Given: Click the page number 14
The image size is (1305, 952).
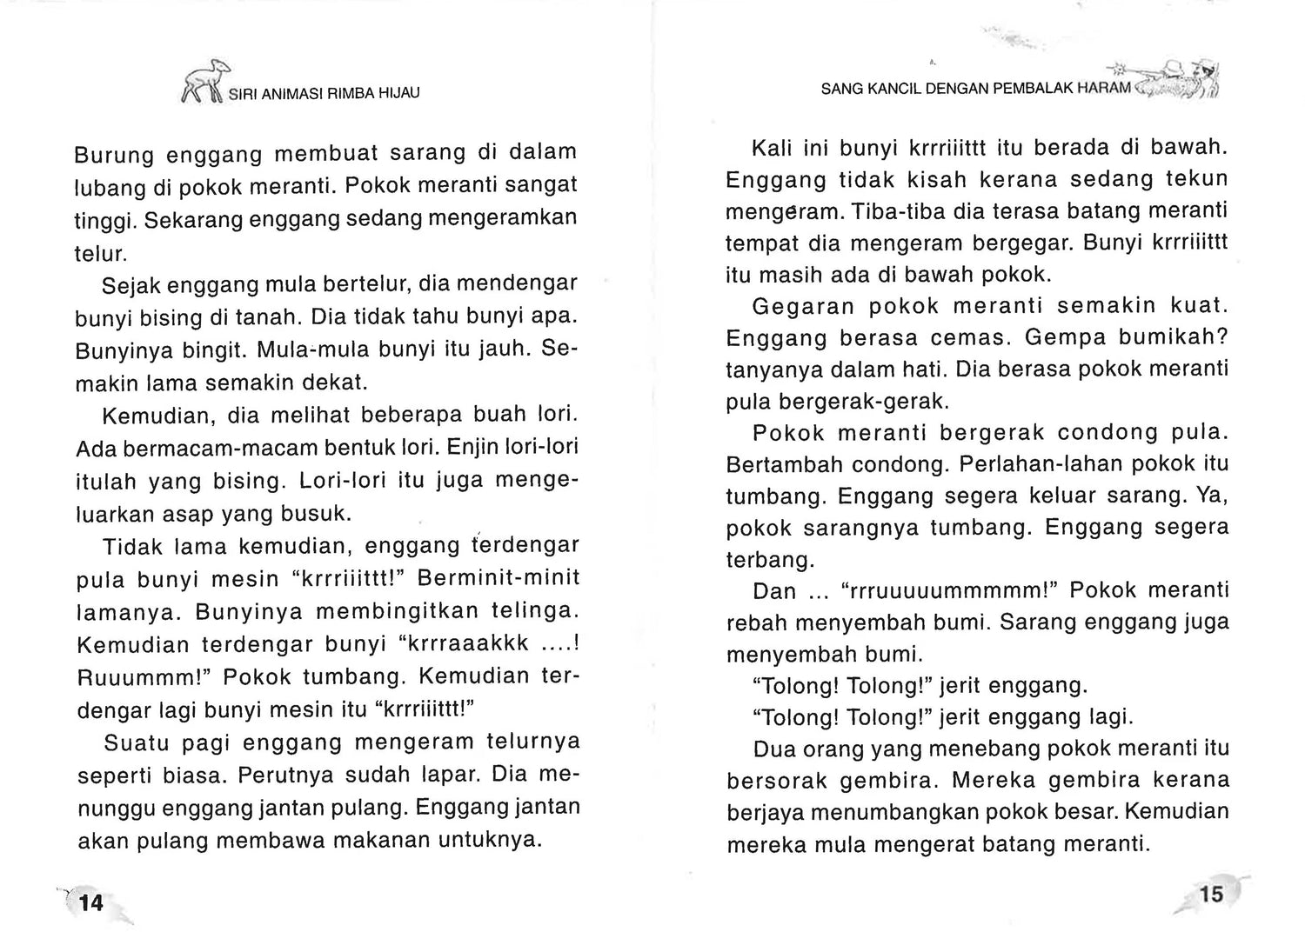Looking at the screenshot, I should [x=90, y=902].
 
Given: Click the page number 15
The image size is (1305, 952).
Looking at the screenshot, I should [x=1210, y=894].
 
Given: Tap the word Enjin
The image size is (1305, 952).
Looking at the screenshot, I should [x=477, y=448].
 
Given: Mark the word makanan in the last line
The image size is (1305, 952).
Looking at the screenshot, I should [x=393, y=841].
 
